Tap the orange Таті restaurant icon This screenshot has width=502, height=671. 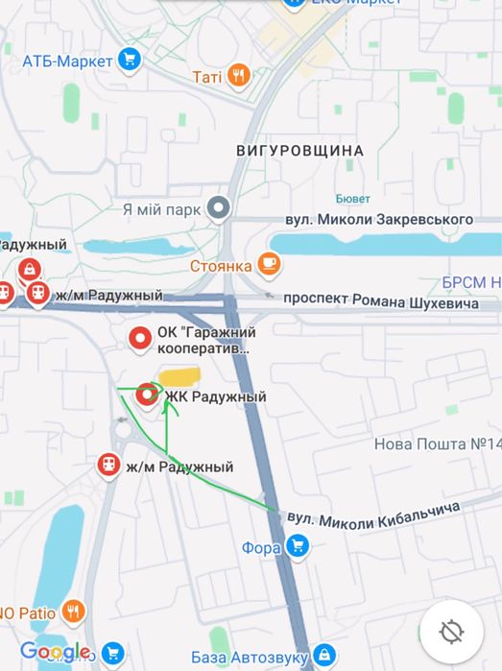pos(239,76)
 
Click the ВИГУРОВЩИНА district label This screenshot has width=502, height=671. pos(299,151)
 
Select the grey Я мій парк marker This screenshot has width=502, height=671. pos(220,207)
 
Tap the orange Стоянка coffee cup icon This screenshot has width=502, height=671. pos(269,265)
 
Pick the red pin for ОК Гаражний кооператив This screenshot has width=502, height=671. pos(140,337)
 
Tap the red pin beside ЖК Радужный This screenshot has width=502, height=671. pos(147,394)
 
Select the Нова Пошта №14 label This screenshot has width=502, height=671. pos(437,444)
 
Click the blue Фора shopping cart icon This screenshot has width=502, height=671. pos(298,548)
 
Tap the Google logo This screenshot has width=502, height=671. pos(55,652)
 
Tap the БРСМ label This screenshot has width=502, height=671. pos(470,282)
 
